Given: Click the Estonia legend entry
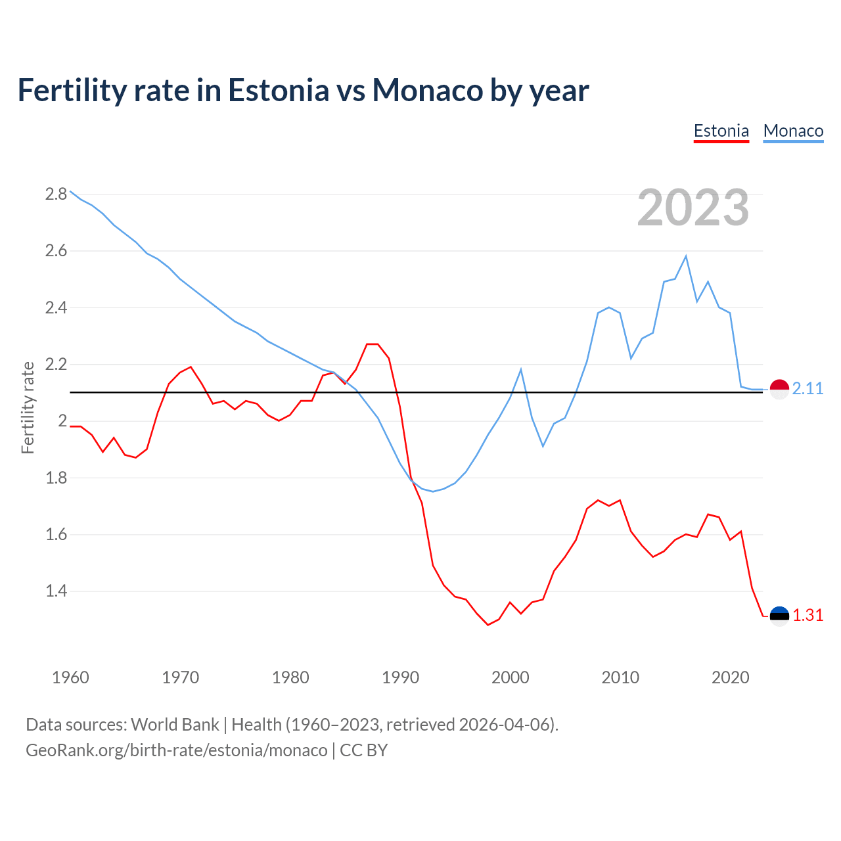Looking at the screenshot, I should (721, 131).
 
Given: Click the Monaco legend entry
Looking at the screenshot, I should (793, 131).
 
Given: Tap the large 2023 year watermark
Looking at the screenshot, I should (693, 208).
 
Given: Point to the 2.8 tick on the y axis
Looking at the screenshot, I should (56, 194).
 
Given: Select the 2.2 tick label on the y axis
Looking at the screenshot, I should (56, 364).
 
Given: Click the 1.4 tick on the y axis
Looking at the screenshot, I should (56, 591).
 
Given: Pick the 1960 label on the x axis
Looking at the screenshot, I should (70, 677).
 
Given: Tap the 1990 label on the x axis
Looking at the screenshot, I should (400, 677).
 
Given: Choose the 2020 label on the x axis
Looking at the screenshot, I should (730, 677).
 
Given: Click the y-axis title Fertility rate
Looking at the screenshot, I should (28, 407).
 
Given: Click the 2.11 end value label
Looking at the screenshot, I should (807, 389).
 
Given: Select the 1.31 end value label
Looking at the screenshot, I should (807, 616).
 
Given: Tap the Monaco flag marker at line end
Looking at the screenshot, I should (779, 389).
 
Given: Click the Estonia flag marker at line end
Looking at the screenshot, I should (779, 616).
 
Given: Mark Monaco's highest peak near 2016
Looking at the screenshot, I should (686, 256).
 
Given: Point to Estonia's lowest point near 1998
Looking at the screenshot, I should (488, 625).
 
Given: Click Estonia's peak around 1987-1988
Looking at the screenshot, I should (373, 344).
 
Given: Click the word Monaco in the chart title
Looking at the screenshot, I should (427, 90).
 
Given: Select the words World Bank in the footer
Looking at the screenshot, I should (175, 725).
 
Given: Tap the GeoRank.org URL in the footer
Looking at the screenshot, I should (176, 750).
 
